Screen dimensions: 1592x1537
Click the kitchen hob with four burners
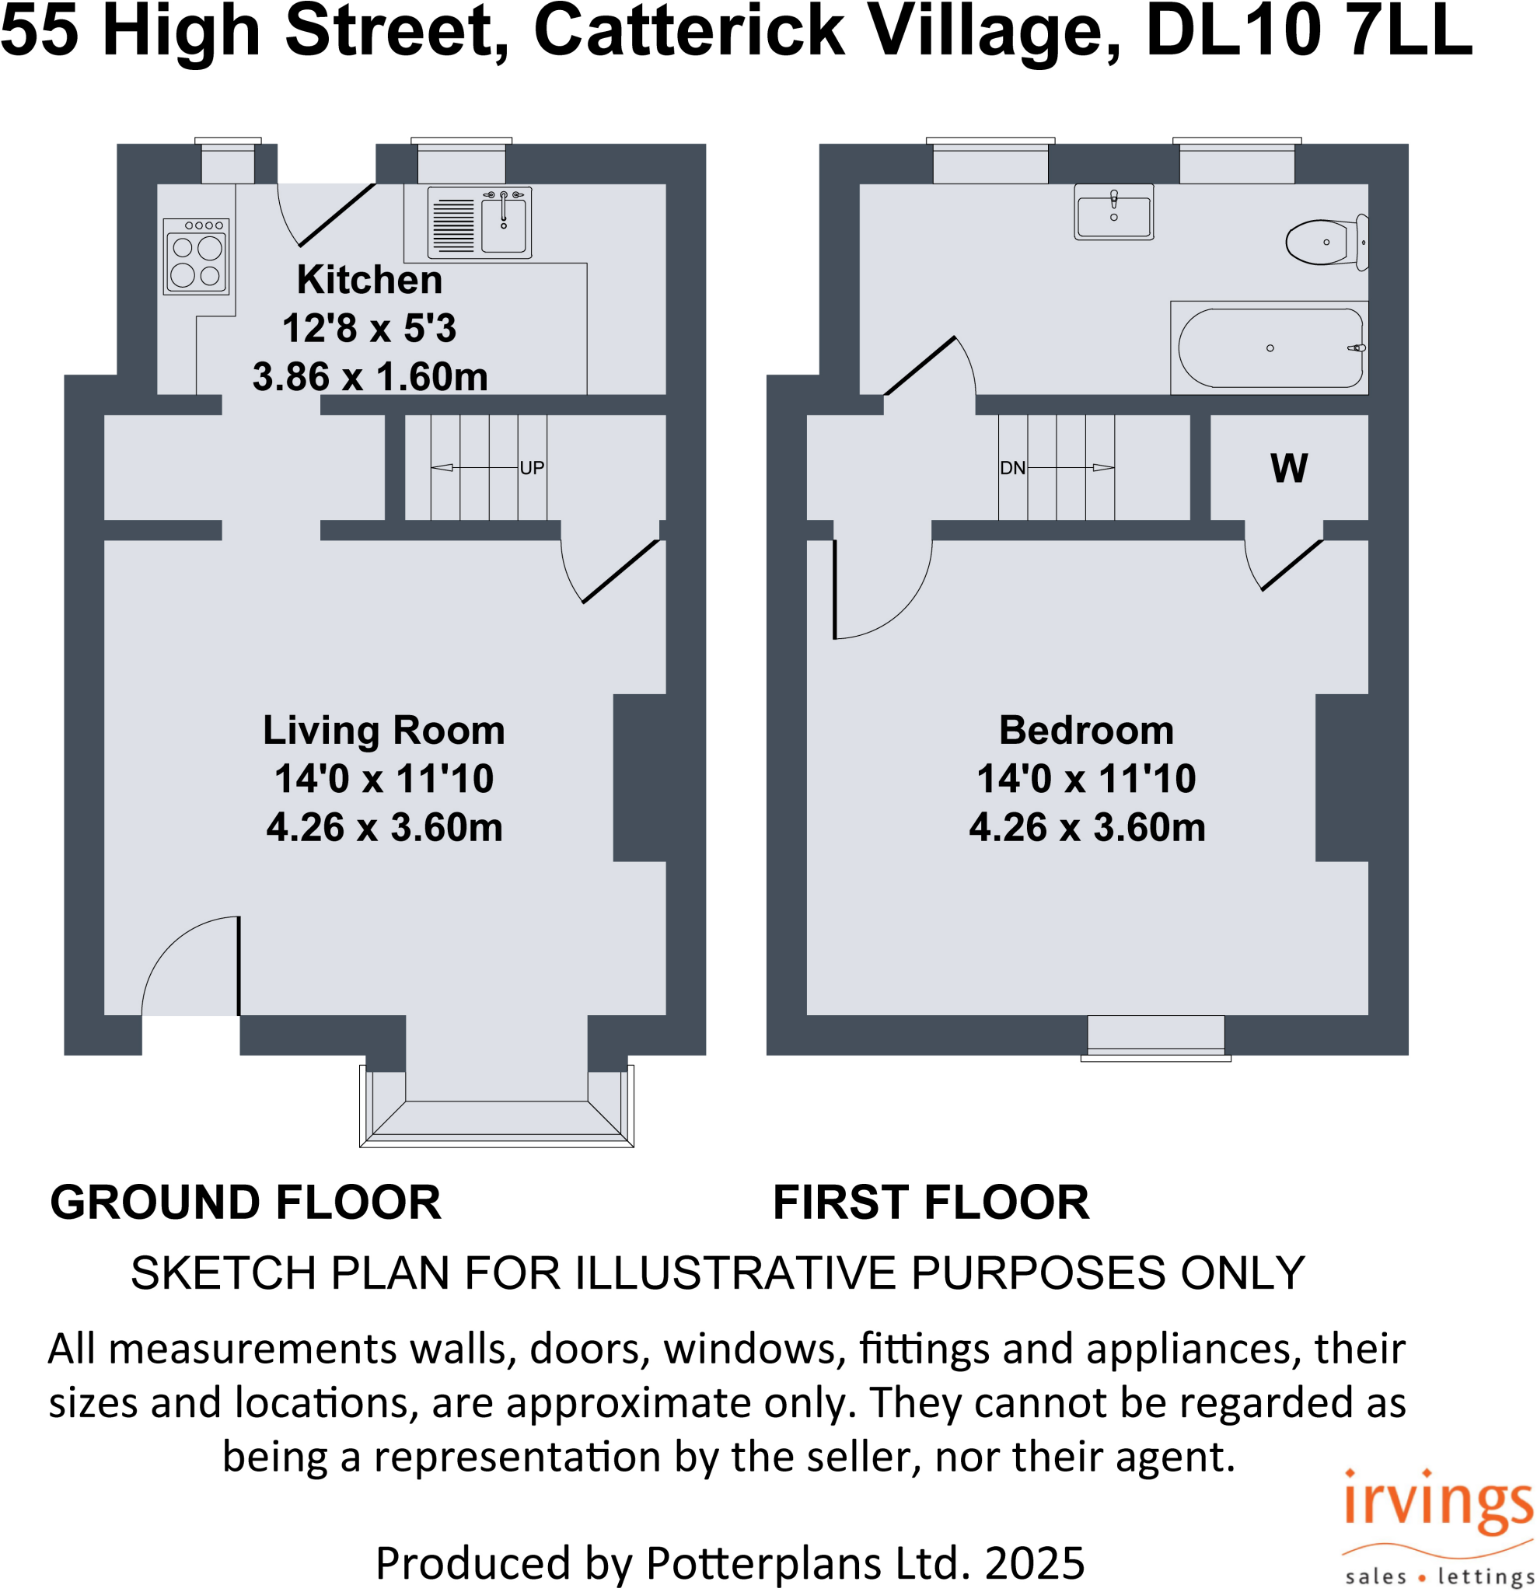(196, 257)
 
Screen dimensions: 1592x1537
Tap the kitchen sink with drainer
(480, 222)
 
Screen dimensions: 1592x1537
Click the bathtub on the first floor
(1270, 347)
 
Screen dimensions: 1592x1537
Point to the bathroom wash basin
(1113, 213)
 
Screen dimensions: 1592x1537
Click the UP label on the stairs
(531, 468)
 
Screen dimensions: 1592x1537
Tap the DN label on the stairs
(1012, 468)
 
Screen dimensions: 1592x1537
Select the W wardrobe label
(1288, 468)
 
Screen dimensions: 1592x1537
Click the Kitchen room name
(369, 279)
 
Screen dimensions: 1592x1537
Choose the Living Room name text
(383, 729)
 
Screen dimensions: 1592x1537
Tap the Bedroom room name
(1086, 729)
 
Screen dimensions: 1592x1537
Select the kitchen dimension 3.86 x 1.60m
(369, 377)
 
